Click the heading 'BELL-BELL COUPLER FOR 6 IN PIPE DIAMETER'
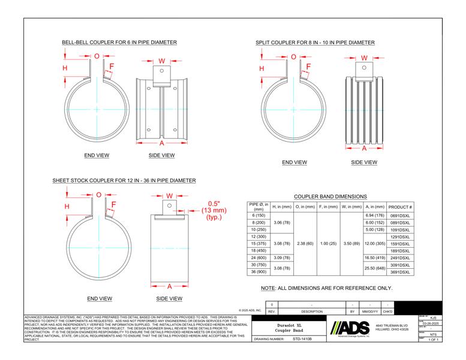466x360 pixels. point(119,43)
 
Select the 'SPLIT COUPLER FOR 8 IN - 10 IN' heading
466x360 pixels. point(315,43)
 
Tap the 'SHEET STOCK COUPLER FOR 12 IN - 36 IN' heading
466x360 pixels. point(124,180)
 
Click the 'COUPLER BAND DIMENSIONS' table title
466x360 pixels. point(330,196)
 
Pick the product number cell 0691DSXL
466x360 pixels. point(400,215)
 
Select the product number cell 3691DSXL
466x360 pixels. point(400,272)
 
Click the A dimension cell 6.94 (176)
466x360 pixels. point(374,215)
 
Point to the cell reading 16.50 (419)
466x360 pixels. point(374,257)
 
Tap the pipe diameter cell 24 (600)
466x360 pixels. point(258,257)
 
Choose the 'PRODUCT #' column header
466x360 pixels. point(400,206)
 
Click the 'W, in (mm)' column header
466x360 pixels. point(351,206)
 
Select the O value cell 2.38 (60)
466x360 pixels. point(305,244)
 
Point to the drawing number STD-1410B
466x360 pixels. point(302,338)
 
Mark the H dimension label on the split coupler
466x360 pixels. point(261,68)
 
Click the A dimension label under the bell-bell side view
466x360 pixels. point(161,144)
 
